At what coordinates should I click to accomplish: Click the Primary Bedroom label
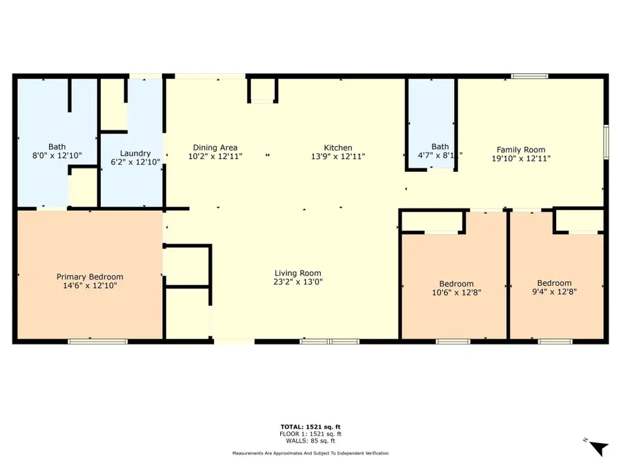coord(90,277)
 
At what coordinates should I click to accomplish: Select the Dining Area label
coord(215,148)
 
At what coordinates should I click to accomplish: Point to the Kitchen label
coord(338,148)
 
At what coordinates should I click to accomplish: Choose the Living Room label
coord(297,273)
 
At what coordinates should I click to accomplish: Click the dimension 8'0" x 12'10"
coord(57,156)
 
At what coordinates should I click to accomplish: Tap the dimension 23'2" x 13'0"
coord(297,282)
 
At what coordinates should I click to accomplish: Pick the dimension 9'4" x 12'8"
coord(554,291)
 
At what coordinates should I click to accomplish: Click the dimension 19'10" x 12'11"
coord(521,158)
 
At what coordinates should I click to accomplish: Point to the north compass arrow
coord(599,447)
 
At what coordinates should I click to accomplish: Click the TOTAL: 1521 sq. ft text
coord(310,427)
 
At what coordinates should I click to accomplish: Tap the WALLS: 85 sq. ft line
coord(310,440)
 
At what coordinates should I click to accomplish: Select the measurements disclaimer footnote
coord(310,454)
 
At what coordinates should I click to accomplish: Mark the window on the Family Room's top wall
coord(530,75)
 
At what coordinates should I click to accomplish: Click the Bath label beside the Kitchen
coord(440,146)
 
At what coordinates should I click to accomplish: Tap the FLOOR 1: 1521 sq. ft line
coord(310,434)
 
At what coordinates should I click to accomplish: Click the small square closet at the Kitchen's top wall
coord(262,90)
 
